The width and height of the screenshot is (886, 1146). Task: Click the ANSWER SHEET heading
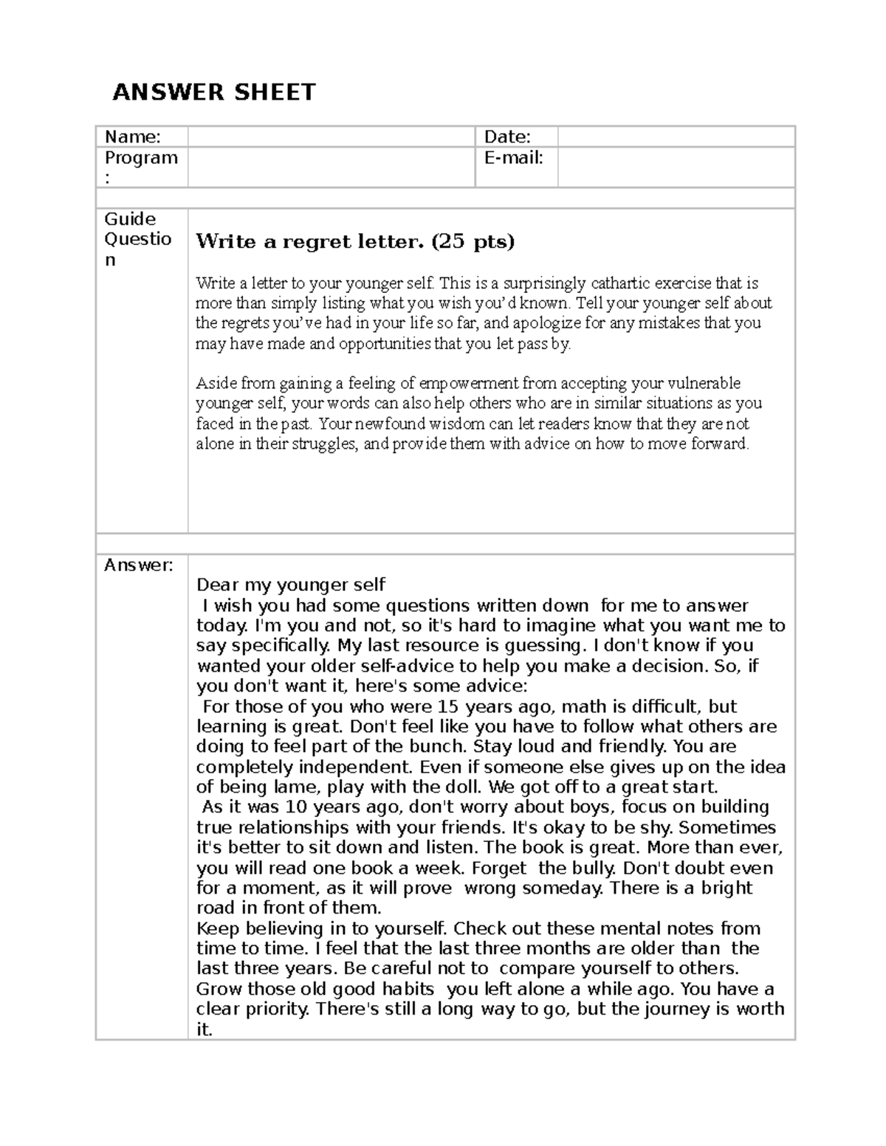point(213,92)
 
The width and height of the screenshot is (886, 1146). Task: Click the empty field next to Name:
point(330,137)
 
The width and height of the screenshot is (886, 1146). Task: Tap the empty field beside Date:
point(676,137)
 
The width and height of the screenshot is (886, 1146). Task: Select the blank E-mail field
point(676,167)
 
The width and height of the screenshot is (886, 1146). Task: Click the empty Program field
point(330,167)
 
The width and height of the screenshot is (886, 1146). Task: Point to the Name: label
point(132,137)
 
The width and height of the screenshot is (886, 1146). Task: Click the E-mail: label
point(513,157)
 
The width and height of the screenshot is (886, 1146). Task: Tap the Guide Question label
point(138,239)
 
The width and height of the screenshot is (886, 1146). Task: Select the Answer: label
point(138,565)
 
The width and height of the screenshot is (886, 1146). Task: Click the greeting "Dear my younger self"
point(291,585)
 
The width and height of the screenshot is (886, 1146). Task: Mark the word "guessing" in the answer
point(546,646)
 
